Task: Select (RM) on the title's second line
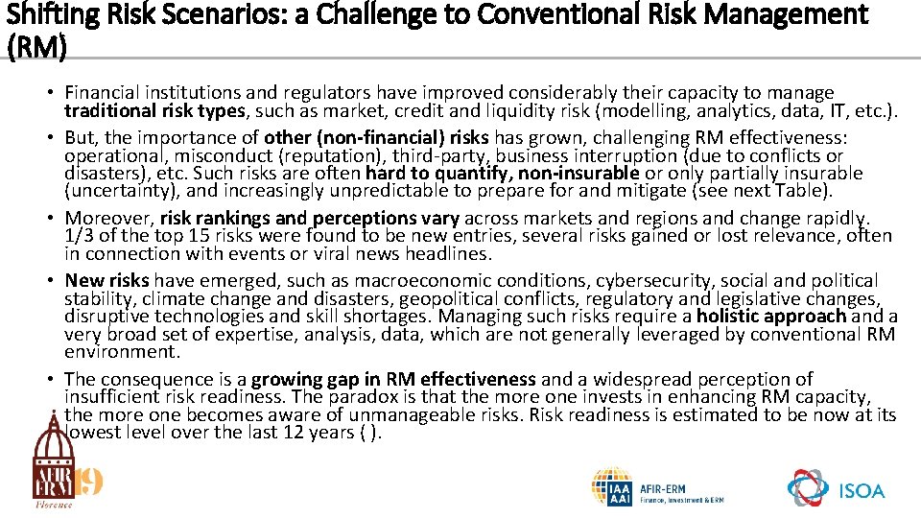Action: click(x=35, y=47)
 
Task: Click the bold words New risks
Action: click(x=106, y=281)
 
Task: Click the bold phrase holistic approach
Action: click(x=771, y=317)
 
